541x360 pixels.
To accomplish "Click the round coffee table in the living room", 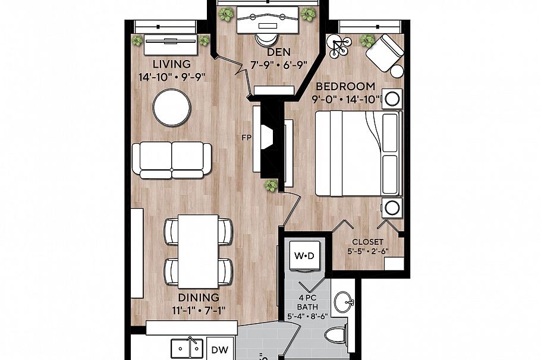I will click(x=172, y=108).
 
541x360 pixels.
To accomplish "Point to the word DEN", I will click(x=265, y=53).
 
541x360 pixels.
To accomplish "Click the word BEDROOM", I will click(x=345, y=86).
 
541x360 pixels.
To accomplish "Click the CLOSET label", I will click(x=367, y=242).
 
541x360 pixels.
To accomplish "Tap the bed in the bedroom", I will click(x=357, y=153).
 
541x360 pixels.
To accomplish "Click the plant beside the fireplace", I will click(x=272, y=186).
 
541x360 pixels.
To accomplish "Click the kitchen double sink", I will click(x=187, y=347).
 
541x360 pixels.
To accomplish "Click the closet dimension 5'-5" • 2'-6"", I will click(x=367, y=252).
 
